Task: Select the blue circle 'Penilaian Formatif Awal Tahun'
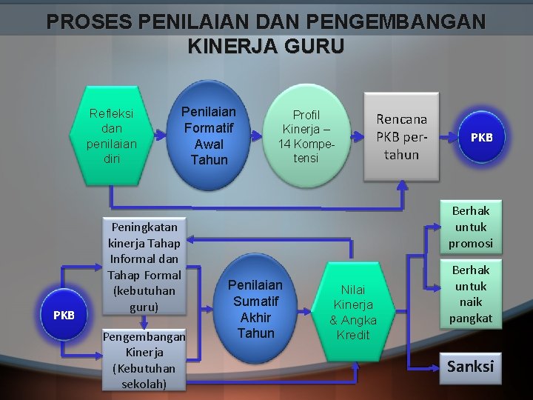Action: (x=209, y=136)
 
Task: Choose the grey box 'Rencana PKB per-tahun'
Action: (x=401, y=136)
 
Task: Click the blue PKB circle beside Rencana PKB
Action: (x=481, y=138)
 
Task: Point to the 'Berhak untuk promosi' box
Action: (x=472, y=227)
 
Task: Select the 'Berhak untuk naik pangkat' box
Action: (x=471, y=295)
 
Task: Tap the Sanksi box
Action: (x=470, y=367)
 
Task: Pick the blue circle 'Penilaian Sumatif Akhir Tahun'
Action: (x=255, y=308)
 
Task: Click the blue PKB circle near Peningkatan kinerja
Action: (x=64, y=315)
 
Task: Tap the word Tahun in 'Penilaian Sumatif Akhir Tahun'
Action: (x=255, y=333)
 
